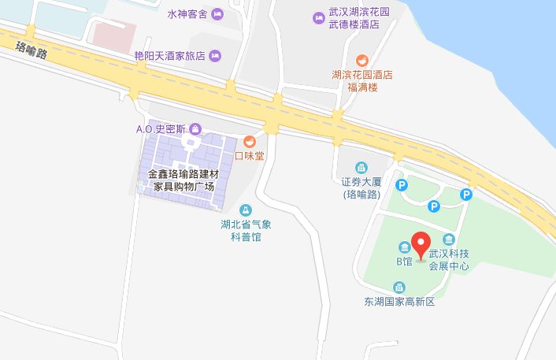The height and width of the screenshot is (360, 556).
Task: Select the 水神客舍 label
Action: tap(186, 15)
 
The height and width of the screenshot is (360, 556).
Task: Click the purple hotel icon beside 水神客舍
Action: tap(216, 15)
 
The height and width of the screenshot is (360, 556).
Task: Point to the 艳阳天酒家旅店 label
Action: tap(169, 55)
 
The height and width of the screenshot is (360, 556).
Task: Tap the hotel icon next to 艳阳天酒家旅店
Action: tap(215, 55)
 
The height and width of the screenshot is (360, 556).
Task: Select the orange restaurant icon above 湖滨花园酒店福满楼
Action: tap(362, 60)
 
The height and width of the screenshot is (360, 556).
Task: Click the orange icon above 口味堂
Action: tap(249, 142)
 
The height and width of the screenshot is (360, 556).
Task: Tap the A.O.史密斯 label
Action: tap(159, 128)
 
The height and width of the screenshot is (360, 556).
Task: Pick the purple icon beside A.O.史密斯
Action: tap(195, 128)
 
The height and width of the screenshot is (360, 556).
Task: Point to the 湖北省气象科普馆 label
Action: tap(246, 229)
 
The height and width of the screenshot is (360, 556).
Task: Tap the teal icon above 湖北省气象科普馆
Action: tap(246, 210)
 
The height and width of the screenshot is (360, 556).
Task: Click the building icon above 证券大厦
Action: tap(362, 168)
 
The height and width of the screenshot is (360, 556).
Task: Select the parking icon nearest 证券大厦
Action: tap(401, 186)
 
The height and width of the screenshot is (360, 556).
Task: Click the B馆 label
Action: tap(404, 261)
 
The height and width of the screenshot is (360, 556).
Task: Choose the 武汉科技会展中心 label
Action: tap(449, 260)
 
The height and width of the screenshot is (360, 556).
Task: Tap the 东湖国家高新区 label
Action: tap(399, 302)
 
